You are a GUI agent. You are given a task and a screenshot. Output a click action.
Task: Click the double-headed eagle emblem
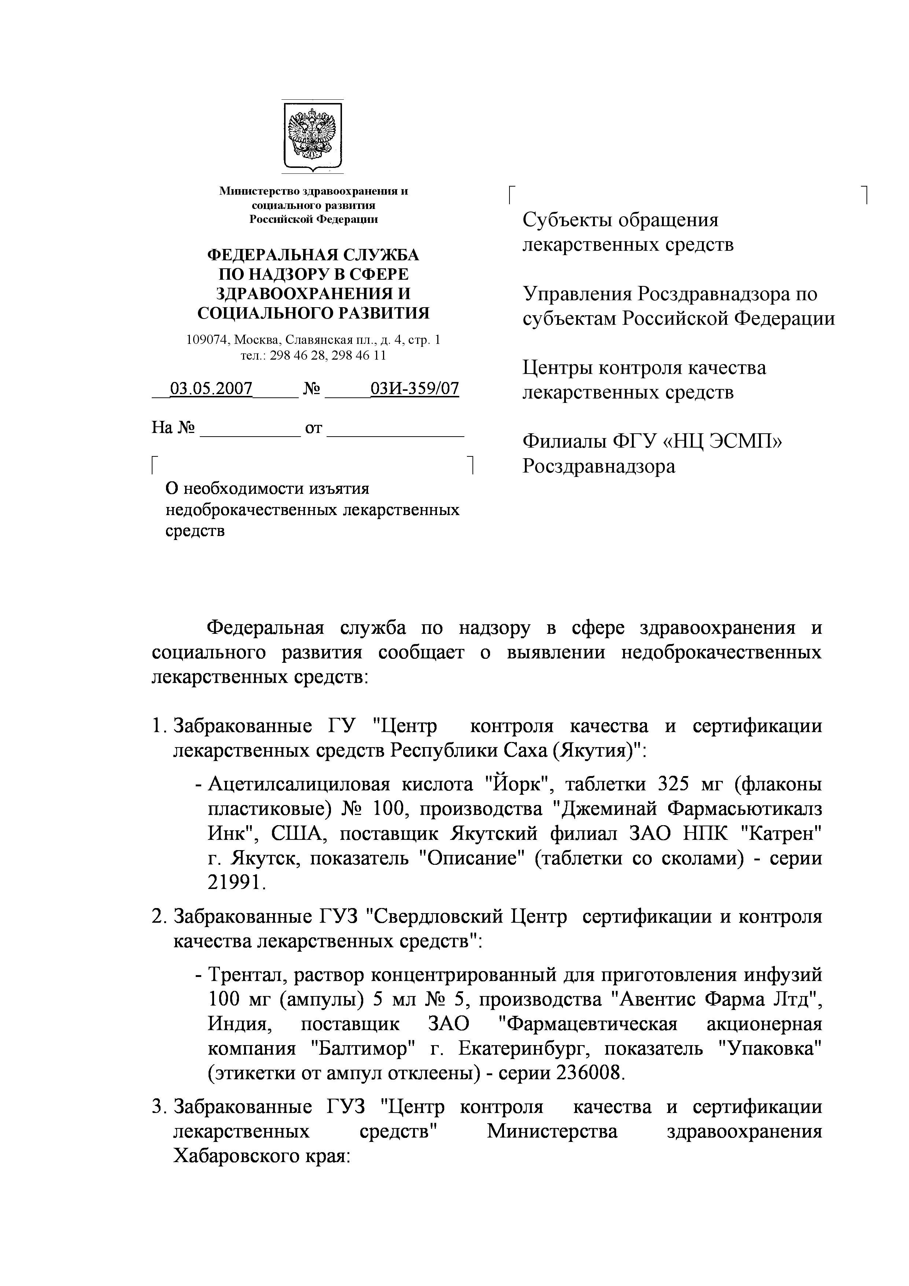point(312,135)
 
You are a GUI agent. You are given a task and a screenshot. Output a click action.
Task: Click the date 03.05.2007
point(211,388)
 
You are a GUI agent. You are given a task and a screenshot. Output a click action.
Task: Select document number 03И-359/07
point(415,388)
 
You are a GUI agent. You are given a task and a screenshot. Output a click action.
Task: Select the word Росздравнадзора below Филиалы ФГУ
point(598,466)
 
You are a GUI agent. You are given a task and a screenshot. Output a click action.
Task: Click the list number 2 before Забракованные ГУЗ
point(157,917)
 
